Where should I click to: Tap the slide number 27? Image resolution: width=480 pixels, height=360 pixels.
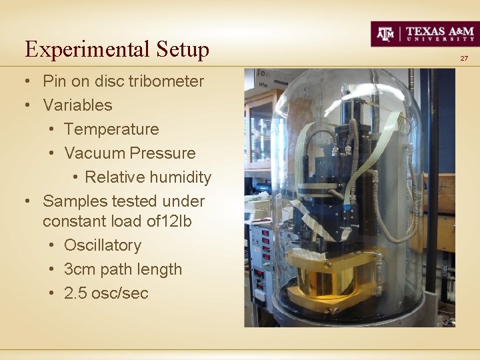pos(464,59)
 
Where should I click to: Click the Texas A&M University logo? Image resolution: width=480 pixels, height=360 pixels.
pos(425,33)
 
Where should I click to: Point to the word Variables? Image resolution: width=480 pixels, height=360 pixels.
pos(77,105)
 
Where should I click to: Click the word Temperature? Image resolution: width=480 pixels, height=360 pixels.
pos(111,129)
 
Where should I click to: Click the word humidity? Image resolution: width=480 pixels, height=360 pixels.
pos(180,177)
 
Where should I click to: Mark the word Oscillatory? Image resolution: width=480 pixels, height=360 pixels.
pos(103,245)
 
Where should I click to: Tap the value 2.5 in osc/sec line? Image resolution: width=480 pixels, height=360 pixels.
pos(75,293)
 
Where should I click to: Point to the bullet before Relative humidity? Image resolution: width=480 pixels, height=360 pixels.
pos(75,177)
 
